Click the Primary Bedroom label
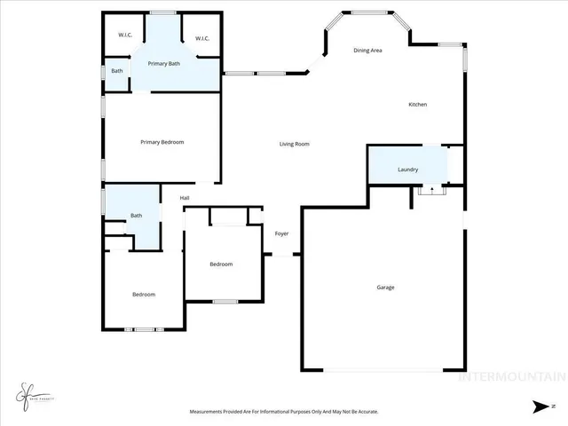pos(162,142)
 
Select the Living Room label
pos(294,144)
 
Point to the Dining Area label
pos(367,51)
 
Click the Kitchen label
pos(417,105)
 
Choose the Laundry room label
pos(407,170)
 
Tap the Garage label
pos(385,288)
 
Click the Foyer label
pos(281,233)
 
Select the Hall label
pos(185,198)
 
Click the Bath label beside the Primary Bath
pos(116,71)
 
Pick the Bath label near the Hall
pos(136,216)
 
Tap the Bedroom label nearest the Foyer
pos(221,264)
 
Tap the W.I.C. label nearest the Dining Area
pos(201,37)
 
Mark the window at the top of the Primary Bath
pos(162,12)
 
